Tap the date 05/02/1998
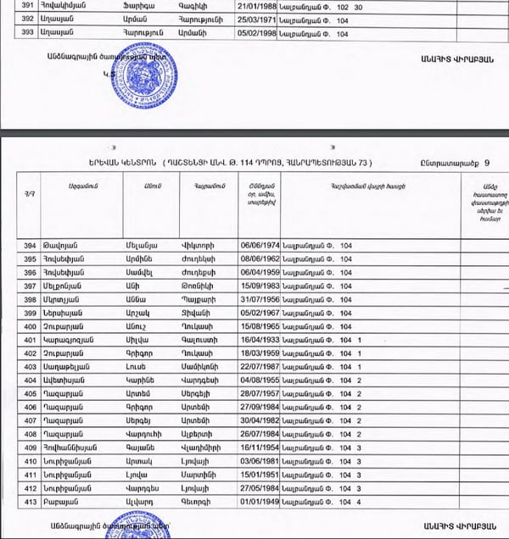[x=258, y=35]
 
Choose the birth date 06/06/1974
[x=258, y=247]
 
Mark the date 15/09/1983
[x=258, y=287]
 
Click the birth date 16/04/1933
[x=258, y=342]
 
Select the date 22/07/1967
[x=258, y=369]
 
